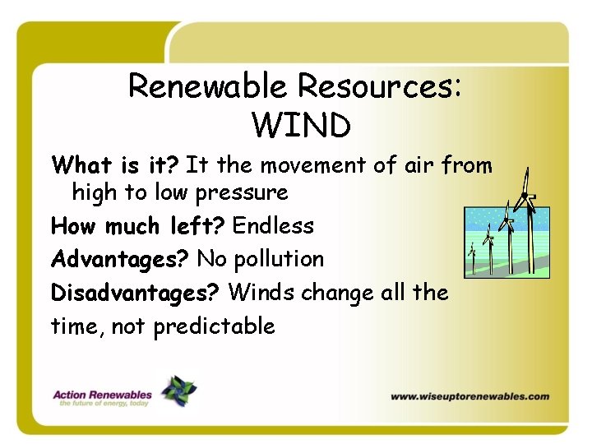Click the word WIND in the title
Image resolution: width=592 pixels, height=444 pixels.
[301, 126]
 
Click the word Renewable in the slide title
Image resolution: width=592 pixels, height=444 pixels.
[209, 86]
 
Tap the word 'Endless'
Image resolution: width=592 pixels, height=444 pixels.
[273, 225]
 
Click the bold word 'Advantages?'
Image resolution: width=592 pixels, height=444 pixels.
[120, 259]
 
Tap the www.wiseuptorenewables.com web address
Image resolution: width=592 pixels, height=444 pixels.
[469, 396]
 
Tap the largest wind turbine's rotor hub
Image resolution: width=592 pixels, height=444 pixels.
[525, 195]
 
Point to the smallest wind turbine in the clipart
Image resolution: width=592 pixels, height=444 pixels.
[472, 256]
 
